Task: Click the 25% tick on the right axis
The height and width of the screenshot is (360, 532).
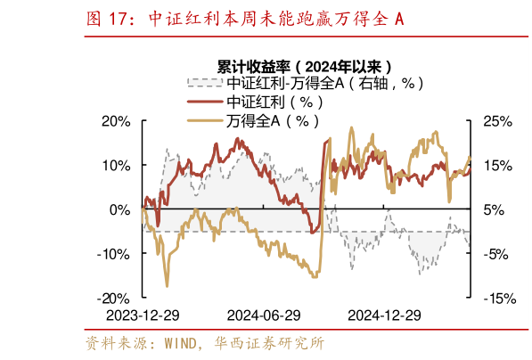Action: (496, 121)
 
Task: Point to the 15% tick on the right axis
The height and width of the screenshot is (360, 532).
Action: (496, 166)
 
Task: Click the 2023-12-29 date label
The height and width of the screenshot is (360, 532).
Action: (143, 315)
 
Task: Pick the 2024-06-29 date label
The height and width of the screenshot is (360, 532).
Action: (263, 315)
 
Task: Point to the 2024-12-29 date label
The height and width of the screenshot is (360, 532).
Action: (383, 315)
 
